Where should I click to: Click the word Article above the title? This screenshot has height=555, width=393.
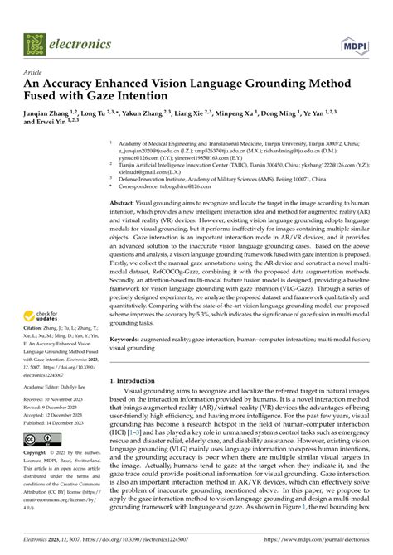(x=35, y=73)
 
